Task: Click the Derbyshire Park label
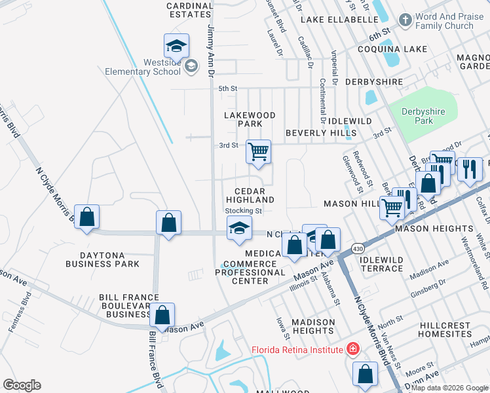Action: click(424, 116)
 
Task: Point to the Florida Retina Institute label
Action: click(298, 349)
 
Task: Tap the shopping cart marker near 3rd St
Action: click(258, 152)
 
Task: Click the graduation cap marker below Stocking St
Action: click(239, 229)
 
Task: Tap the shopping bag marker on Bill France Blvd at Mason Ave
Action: click(162, 315)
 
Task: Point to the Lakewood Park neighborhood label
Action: click(250, 119)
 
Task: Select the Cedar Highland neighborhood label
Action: click(250, 195)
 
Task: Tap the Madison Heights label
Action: click(313, 326)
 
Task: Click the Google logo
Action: click(22, 385)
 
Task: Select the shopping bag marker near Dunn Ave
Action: click(365, 374)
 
